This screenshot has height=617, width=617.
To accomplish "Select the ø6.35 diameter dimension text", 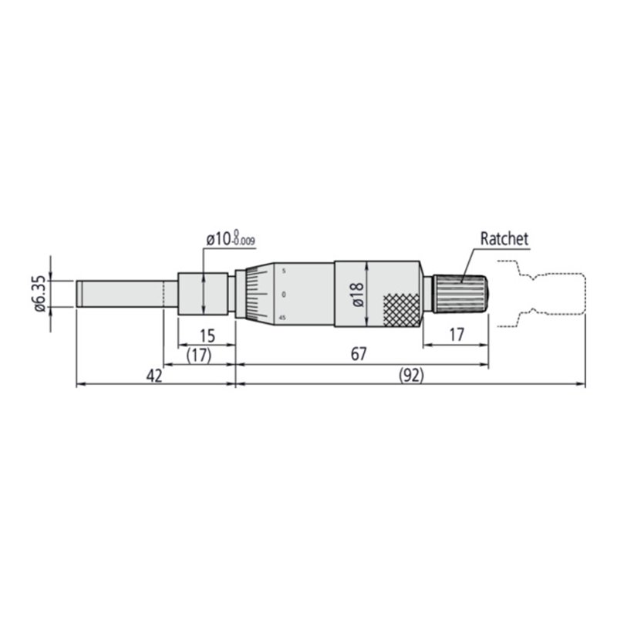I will (x=39, y=295).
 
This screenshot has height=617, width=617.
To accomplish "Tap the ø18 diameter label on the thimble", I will (x=356, y=295).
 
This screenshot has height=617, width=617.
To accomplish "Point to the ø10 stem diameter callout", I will (x=220, y=240).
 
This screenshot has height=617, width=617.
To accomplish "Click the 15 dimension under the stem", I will (x=206, y=335).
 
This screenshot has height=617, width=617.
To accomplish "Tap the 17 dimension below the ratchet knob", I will (x=455, y=335).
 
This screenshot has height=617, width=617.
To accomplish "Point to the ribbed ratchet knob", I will (x=461, y=294).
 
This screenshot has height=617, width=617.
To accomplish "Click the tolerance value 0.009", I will (x=244, y=243).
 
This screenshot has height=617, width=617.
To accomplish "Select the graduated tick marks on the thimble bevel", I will (x=251, y=295).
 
